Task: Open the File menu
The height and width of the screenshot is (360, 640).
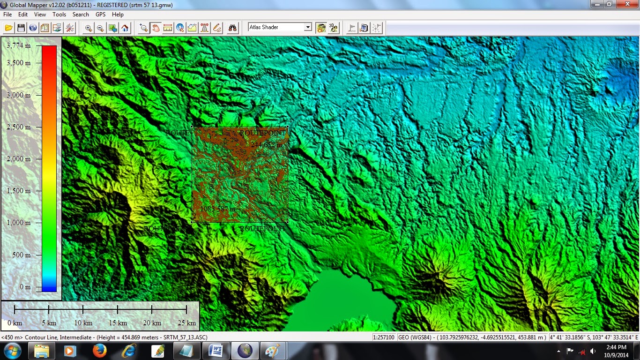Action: tap(7, 15)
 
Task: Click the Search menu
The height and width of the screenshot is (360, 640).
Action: tap(81, 15)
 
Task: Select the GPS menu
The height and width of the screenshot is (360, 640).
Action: tap(100, 15)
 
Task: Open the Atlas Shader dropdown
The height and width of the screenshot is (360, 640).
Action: tap(308, 27)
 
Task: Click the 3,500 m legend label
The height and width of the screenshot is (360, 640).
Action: tap(19, 63)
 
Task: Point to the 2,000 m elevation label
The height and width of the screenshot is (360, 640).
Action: tap(19, 159)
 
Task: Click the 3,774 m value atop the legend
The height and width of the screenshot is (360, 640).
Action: tap(19, 45)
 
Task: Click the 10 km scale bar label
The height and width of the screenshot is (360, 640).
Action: tap(83, 323)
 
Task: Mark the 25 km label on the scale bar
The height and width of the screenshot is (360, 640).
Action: tap(187, 323)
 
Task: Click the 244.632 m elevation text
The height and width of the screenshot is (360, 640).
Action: tap(266, 145)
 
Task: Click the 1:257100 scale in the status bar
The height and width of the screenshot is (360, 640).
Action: tap(384, 337)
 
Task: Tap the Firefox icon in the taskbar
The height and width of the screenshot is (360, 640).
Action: tap(100, 351)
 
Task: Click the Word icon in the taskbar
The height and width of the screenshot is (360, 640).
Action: tap(216, 351)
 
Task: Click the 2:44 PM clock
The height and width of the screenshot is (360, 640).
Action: tap(616, 347)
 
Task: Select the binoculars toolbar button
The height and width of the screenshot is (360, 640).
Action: tap(233, 28)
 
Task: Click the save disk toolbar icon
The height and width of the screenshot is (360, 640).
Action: tap(21, 28)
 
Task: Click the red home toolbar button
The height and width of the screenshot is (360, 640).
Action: tap(125, 28)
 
